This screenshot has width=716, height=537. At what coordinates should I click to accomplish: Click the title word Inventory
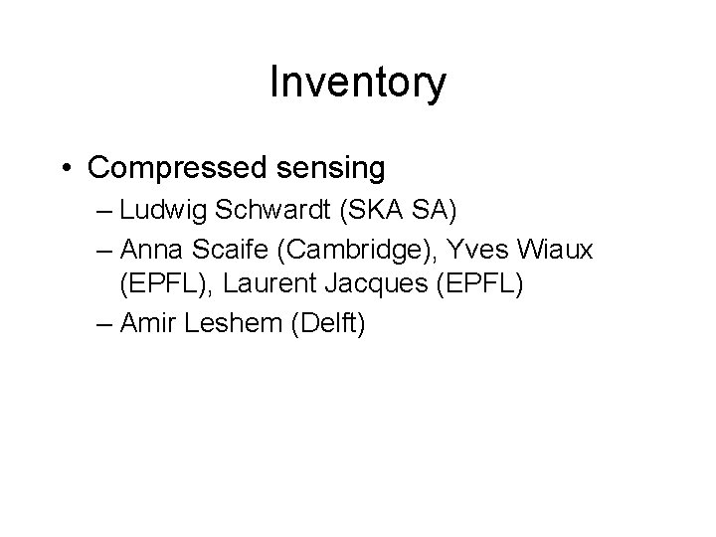[x=358, y=84]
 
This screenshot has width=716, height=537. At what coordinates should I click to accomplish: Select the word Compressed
[x=174, y=168]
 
